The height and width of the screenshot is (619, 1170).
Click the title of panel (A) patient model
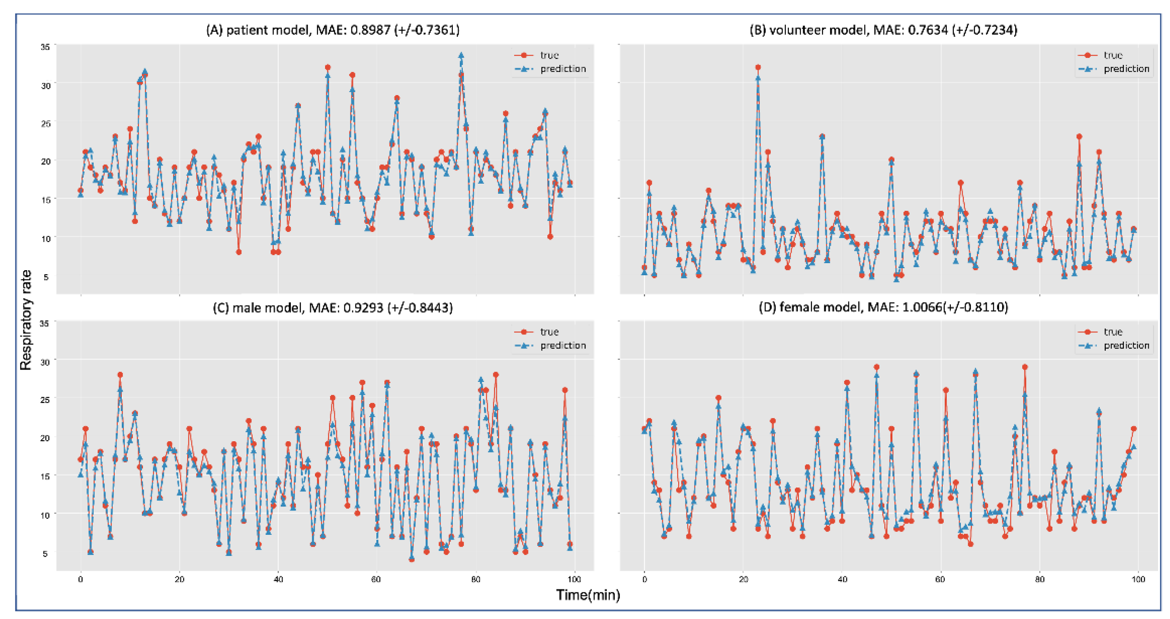332,30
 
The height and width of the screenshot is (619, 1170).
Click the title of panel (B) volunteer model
883,30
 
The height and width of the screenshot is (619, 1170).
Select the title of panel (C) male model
332,308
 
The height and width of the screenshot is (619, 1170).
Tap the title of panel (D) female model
883,307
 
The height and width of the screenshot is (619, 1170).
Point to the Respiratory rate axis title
26,320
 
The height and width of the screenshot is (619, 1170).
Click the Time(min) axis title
588,595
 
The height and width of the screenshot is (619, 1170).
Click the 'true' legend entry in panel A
549,55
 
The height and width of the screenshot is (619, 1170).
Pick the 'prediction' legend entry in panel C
563,345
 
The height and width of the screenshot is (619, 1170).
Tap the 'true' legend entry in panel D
1113,332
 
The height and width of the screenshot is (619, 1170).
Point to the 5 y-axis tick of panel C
45,554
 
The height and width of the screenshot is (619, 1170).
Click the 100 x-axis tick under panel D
1138,580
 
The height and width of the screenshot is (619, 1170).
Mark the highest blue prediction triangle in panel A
461,55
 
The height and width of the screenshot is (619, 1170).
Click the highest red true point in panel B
758,68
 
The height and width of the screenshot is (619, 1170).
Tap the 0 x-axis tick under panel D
644,580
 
